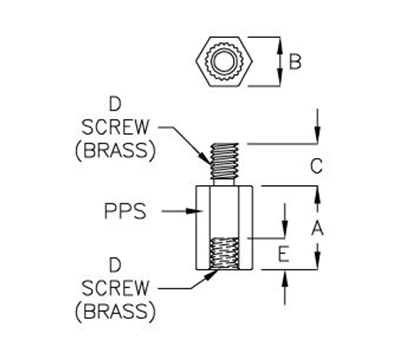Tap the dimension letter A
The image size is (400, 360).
coord(317,228)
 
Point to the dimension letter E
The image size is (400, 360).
coord(285,255)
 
